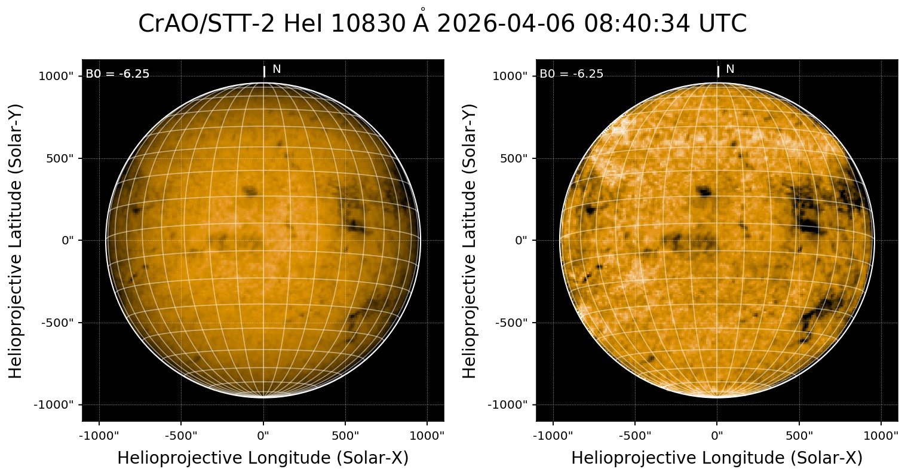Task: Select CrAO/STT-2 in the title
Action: [207, 24]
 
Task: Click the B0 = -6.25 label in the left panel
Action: [118, 74]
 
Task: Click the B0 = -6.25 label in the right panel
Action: [572, 74]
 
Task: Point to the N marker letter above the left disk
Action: [277, 69]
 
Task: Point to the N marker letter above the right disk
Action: [730, 69]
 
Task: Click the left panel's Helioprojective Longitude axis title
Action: [263, 458]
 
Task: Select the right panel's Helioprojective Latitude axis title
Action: [470, 241]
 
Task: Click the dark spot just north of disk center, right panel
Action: [705, 192]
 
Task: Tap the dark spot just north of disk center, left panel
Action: [250, 191]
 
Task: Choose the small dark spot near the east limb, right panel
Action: [591, 210]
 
